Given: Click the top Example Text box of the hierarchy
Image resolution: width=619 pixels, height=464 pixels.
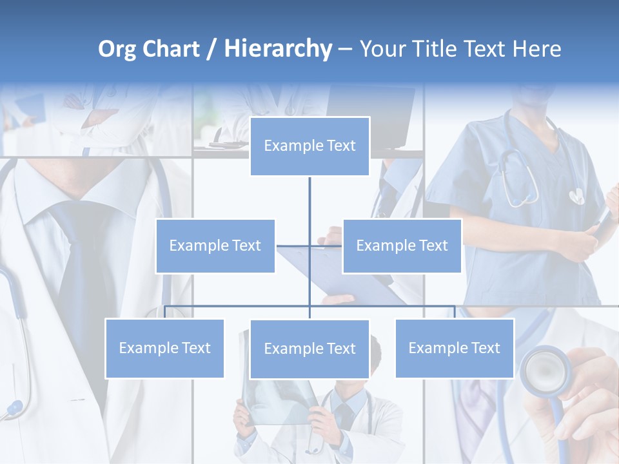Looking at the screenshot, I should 309,146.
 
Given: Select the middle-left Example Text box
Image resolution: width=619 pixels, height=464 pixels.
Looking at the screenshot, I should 215,246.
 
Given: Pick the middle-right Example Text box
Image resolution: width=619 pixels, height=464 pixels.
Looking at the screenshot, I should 402,246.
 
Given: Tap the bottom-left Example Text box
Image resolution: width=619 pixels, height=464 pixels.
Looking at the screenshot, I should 164,348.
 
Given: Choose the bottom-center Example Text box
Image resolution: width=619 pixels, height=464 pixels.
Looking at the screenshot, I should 309,349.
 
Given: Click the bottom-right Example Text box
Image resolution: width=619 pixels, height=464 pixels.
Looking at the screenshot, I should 454,348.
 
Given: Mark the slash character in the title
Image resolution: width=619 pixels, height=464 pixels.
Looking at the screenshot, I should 211,49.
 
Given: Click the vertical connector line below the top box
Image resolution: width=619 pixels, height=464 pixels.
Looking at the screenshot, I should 309,200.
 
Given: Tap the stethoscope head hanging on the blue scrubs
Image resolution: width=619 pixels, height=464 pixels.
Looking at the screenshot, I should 576,195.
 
